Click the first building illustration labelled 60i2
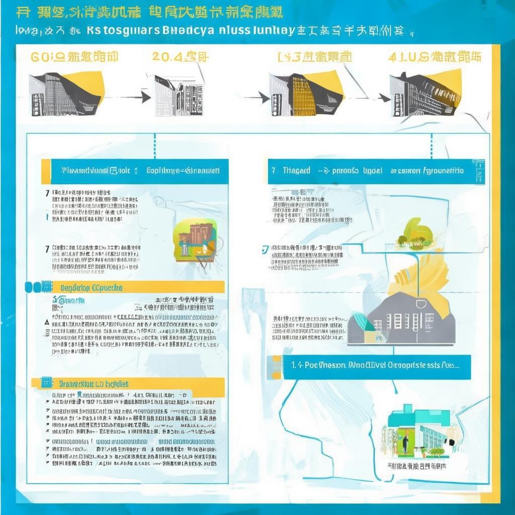(x=65, y=94)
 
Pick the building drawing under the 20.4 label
(x=179, y=96)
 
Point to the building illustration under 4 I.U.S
(x=425, y=94)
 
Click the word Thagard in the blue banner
(x=296, y=171)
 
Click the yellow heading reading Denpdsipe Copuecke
(x=91, y=288)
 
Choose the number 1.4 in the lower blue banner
(x=296, y=366)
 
